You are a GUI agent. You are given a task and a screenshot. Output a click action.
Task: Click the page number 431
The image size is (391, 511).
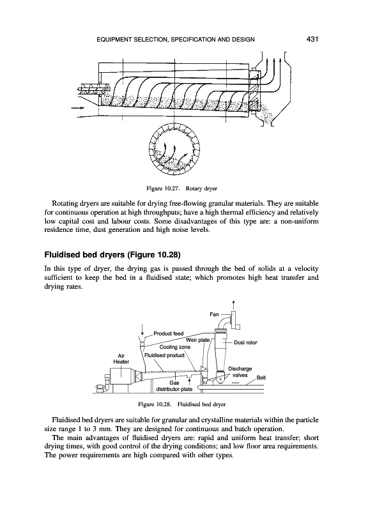[x=312, y=40]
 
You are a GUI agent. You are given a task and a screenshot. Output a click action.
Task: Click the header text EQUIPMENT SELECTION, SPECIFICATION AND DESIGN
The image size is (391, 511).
[x=176, y=40]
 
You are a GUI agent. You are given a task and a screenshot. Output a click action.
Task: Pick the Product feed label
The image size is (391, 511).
[x=169, y=333]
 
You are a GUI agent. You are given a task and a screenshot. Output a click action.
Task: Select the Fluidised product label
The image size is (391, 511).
[x=165, y=355]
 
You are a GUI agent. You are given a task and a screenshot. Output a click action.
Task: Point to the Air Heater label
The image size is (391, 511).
[x=121, y=358]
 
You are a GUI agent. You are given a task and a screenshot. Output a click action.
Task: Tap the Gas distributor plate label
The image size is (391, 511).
[x=174, y=386]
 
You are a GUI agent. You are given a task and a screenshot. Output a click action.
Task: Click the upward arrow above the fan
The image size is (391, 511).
[x=234, y=303]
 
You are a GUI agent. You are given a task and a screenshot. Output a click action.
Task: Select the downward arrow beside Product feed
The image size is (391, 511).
[x=141, y=332]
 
